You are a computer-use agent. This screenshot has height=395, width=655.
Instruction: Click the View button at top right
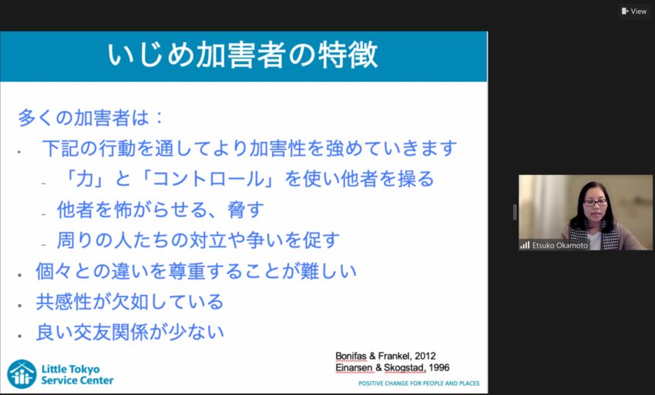tap(634, 11)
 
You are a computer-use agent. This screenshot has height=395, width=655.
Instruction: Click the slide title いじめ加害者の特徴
tap(244, 56)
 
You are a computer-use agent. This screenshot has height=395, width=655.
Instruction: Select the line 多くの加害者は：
tap(91, 118)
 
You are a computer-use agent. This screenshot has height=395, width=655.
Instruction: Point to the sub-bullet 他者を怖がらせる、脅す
tap(161, 209)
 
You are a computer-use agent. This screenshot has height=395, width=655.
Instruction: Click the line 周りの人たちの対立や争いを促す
tap(198, 240)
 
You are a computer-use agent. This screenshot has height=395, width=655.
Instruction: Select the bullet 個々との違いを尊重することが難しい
tap(196, 271)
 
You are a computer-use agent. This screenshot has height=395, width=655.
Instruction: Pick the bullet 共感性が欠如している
tap(129, 302)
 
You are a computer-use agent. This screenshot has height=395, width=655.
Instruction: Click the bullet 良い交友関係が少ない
tap(129, 333)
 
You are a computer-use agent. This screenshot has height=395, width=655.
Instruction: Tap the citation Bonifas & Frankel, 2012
tap(385, 356)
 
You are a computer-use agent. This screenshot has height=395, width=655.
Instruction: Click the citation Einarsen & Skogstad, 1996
tap(392, 368)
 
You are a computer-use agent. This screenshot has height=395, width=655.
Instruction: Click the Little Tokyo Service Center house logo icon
tap(22, 374)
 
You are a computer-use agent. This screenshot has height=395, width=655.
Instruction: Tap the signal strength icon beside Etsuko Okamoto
tap(525, 245)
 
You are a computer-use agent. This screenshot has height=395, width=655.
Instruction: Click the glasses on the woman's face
tap(594, 203)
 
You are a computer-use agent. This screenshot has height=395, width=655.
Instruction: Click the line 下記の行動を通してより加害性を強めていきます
tap(250, 148)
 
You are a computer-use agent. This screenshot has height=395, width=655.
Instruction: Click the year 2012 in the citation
tap(425, 356)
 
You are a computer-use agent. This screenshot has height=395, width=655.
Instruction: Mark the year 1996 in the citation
tap(438, 368)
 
